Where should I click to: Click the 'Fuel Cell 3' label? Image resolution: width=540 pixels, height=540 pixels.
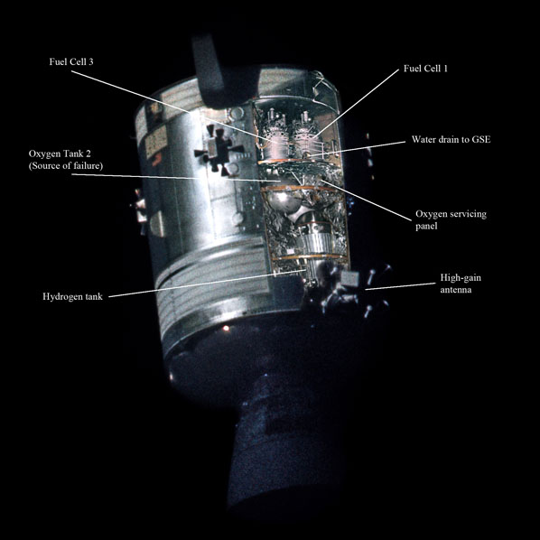click(x=71, y=61)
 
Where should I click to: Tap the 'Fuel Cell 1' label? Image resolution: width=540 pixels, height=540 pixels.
click(x=425, y=69)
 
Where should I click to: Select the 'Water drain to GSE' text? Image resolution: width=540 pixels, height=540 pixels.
click(x=452, y=139)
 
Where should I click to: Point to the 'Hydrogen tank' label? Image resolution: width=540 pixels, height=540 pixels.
click(x=72, y=297)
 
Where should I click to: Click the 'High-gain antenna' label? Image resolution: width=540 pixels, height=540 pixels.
click(x=461, y=284)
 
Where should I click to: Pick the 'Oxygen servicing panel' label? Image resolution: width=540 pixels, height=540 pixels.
click(x=451, y=219)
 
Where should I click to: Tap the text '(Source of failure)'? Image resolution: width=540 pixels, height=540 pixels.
click(x=66, y=166)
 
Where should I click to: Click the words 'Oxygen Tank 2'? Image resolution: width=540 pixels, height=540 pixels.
click(x=60, y=154)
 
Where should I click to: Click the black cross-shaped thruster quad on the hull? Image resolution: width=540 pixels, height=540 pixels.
click(x=219, y=151)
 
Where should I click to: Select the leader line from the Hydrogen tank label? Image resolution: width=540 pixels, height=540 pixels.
click(x=208, y=283)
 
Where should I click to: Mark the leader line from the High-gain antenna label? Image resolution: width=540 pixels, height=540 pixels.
click(x=400, y=286)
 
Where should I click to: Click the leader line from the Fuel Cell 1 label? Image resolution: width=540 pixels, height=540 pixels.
click(x=357, y=103)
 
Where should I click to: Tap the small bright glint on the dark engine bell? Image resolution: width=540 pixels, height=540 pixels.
click(x=226, y=328)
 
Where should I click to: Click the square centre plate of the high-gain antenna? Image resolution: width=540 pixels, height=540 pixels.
click(x=349, y=279)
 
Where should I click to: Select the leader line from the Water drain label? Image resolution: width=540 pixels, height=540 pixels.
click(x=357, y=148)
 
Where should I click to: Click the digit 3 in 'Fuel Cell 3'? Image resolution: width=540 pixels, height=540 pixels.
click(x=90, y=62)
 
